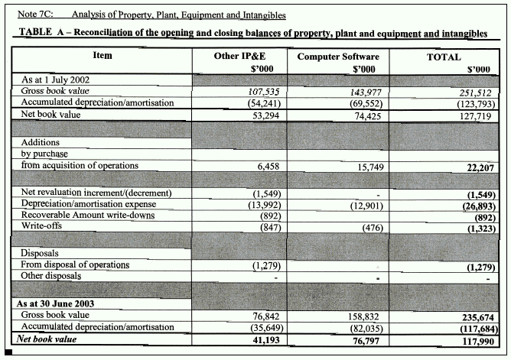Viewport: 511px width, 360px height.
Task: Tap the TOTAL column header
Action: [x=443, y=57]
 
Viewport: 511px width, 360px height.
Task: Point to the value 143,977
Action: [x=360, y=90]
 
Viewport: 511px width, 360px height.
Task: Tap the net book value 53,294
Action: [x=261, y=114]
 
